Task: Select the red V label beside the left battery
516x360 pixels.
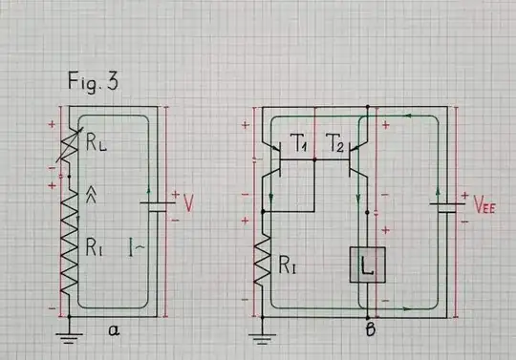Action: (x=188, y=204)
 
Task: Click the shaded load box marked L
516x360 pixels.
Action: (x=367, y=265)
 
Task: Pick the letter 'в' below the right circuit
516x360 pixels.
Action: (x=369, y=331)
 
